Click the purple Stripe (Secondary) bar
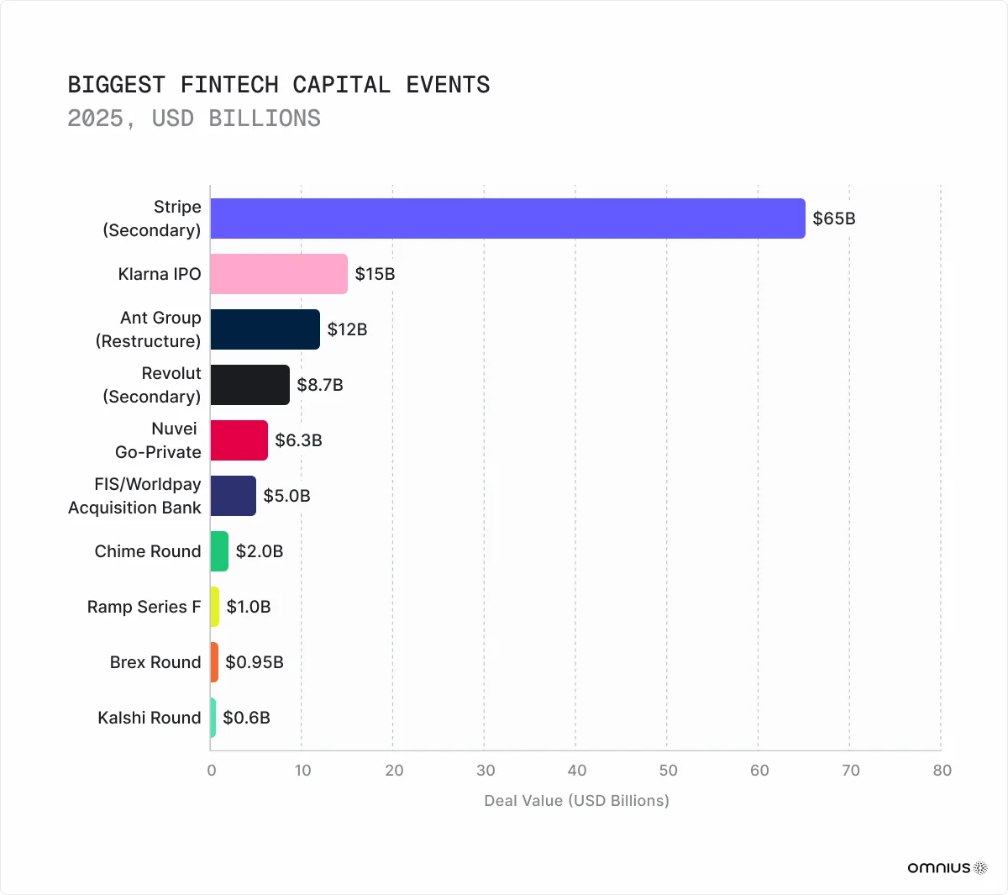pyautogui.click(x=507, y=218)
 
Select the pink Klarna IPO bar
pyautogui.click(x=279, y=274)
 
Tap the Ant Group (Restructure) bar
pyautogui.click(x=265, y=329)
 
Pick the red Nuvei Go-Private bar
pyautogui.click(x=239, y=440)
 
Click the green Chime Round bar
pyautogui.click(x=219, y=551)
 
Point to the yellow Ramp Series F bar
pyautogui.click(x=215, y=607)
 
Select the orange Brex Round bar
pyautogui.click(x=214, y=662)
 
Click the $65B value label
pyautogui.click(x=834, y=218)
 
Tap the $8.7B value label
pyautogui.click(x=320, y=385)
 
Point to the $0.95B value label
pyautogui.click(x=255, y=662)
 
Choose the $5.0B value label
pyautogui.click(x=286, y=496)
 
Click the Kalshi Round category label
pyautogui.click(x=150, y=718)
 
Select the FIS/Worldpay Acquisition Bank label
pyautogui.click(x=134, y=496)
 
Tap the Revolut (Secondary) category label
pyautogui.click(x=152, y=385)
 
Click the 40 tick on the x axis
pyautogui.click(x=576, y=771)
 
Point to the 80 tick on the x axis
pyautogui.click(x=942, y=771)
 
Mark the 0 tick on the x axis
pyautogui.click(x=212, y=771)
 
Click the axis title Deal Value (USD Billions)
pyautogui.click(x=576, y=801)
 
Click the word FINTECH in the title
pyautogui.click(x=229, y=85)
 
